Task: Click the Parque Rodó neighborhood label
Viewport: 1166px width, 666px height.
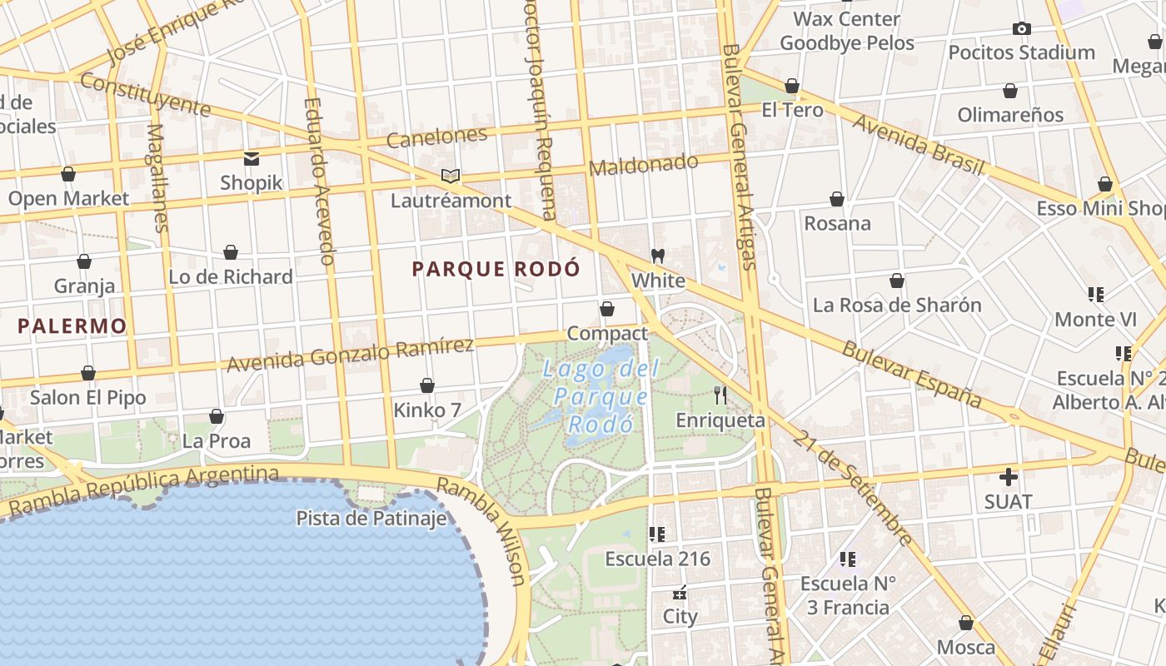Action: [x=496, y=269]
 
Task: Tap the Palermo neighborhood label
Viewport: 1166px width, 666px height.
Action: [x=72, y=326]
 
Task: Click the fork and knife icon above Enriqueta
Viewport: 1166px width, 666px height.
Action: [x=720, y=395]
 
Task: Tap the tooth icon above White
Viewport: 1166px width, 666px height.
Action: [x=657, y=256]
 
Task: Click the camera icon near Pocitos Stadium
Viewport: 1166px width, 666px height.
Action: [x=1021, y=28]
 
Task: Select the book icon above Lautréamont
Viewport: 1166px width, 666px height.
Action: [x=451, y=176]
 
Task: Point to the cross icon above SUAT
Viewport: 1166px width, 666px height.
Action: [x=1008, y=477]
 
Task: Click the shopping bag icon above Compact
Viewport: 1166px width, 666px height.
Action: [x=607, y=309]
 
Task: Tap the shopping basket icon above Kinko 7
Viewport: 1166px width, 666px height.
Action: [x=427, y=385]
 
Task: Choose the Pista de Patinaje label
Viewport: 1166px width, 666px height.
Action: [x=371, y=519]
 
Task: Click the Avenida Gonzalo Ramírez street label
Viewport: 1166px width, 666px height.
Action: [x=350, y=355]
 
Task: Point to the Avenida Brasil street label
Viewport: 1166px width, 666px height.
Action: [x=918, y=143]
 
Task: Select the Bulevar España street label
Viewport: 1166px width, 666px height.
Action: [x=911, y=373]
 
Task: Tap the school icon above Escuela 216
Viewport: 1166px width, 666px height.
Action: [x=657, y=534]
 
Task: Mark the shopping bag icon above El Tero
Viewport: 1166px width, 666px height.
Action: [x=792, y=86]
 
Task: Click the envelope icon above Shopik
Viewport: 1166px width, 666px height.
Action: [x=251, y=158]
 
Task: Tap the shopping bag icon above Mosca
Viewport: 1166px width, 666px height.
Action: [x=966, y=623]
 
